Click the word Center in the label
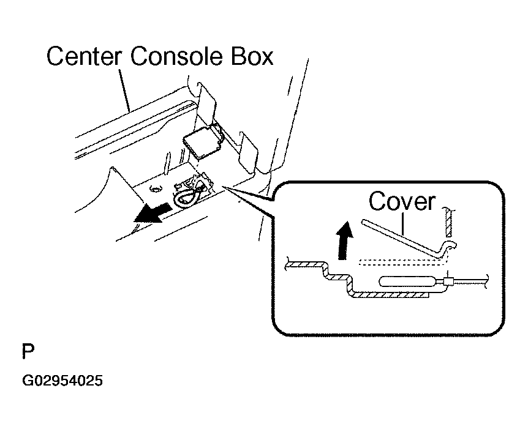click(83, 56)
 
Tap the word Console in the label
click(176, 56)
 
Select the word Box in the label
click(252, 56)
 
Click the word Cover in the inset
click(402, 201)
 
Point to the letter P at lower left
click(28, 352)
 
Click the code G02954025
click(62, 381)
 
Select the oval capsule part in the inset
click(407, 281)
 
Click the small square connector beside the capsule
click(449, 281)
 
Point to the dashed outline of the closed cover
click(402, 262)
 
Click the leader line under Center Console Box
click(124, 90)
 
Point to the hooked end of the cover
click(447, 248)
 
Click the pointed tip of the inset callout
click(222, 186)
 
